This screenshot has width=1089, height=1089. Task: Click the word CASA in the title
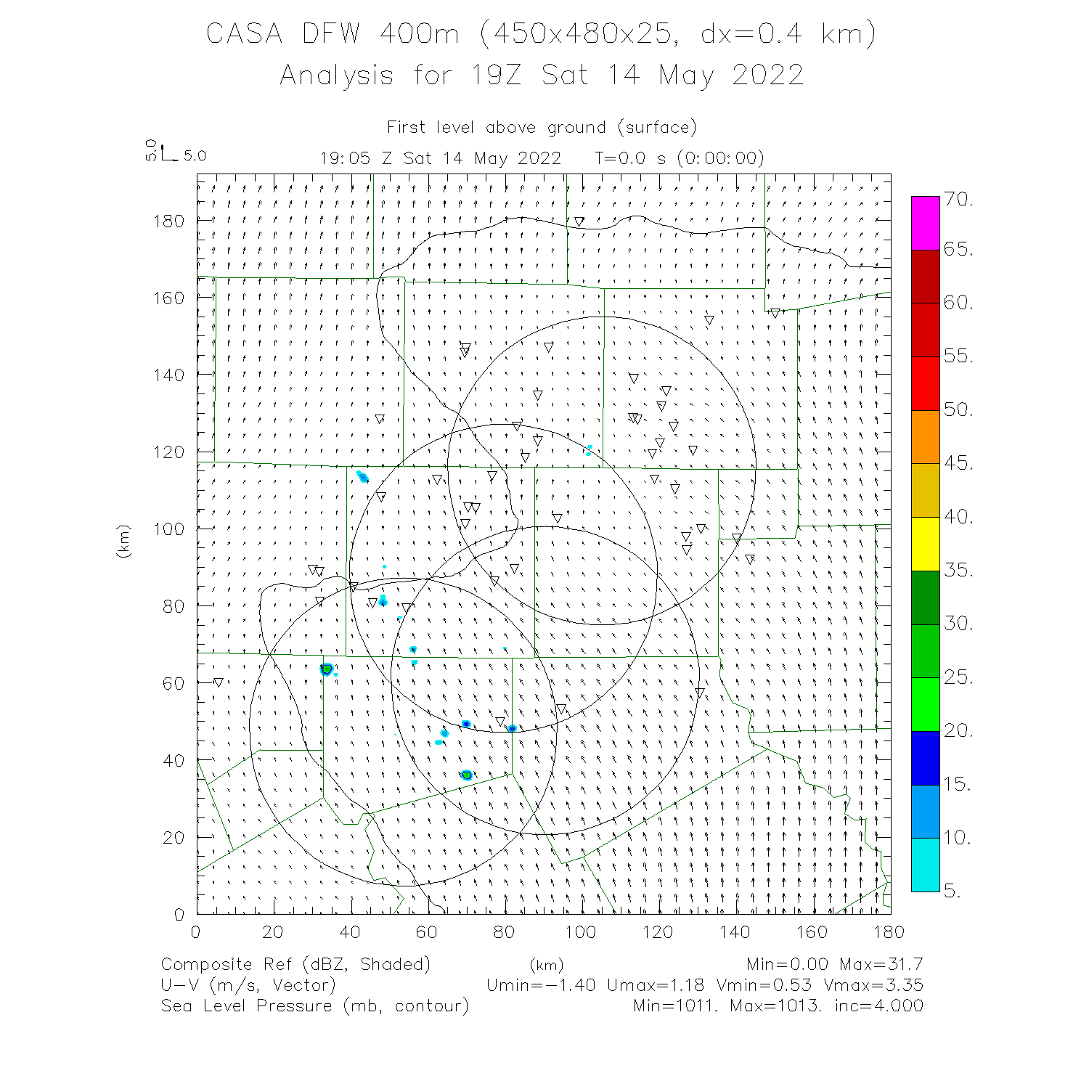tap(244, 34)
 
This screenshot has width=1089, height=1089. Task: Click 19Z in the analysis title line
tap(496, 76)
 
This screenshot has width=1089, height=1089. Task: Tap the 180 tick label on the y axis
tap(168, 221)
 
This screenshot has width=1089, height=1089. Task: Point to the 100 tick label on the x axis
tap(581, 932)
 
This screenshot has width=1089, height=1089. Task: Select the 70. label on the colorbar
tap(958, 200)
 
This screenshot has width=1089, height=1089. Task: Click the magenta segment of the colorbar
tap(925, 223)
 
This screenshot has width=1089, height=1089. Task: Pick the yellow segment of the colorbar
tap(925, 544)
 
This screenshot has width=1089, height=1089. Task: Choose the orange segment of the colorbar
tap(925, 437)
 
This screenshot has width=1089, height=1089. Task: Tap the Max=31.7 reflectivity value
tap(881, 965)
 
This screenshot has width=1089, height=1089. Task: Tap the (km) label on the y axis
tap(124, 541)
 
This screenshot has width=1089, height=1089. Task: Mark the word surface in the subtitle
tap(656, 128)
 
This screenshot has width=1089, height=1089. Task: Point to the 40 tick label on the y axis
tap(174, 761)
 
